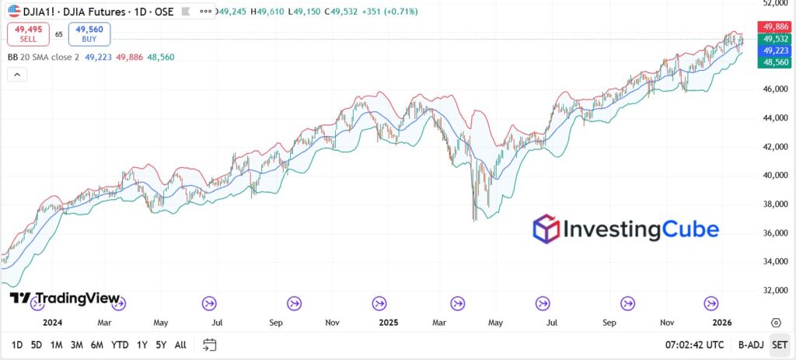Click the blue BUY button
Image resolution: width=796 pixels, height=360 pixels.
[89, 34]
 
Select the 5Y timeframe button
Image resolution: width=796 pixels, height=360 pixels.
[160, 344]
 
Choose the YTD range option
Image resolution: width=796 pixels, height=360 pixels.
[120, 344]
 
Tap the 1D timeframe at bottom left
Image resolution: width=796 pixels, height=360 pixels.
[16, 344]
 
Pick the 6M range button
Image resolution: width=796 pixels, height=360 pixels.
[96, 344]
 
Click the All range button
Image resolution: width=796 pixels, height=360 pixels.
[180, 344]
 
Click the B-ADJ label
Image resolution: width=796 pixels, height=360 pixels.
[750, 344]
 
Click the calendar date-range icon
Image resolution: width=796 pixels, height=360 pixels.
[209, 344]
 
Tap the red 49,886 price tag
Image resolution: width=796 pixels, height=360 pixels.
[775, 26]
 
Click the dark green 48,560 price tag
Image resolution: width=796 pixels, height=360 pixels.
[775, 61]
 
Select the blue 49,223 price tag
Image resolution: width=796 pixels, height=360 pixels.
[775, 50]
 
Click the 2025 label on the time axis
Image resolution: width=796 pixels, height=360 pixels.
[386, 322]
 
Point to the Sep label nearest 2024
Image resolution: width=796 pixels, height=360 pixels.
[274, 322]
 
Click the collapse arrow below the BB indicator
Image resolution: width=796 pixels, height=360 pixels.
[17, 75]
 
